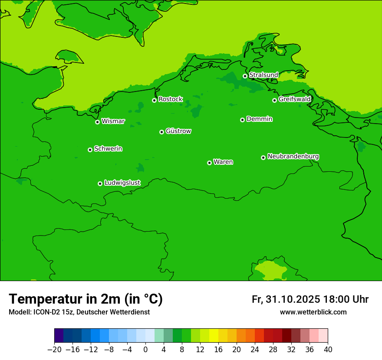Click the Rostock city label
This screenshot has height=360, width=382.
pos(171,99)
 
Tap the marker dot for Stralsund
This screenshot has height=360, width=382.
pos(245,76)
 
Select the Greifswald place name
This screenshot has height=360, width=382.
pos(295,99)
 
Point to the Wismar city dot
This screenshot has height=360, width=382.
pos(98,122)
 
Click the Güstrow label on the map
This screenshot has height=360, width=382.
pos(178,131)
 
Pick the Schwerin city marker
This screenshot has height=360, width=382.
pos(90,150)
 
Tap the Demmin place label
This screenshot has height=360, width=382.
pos(260,119)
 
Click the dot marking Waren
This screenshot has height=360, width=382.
pos(209,163)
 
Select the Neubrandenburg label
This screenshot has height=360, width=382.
pos(293,156)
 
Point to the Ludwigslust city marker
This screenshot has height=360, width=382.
pos(100,183)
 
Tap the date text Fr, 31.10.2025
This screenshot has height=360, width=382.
pos(286,299)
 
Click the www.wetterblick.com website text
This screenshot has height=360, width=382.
pos(313,312)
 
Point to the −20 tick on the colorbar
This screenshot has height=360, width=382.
pos(54,350)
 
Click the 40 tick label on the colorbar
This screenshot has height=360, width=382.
pos(328,350)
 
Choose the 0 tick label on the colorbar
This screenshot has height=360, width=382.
pos(145,350)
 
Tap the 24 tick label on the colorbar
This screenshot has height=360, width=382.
pos(255,350)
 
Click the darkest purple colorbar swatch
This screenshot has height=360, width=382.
pos(59,336)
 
